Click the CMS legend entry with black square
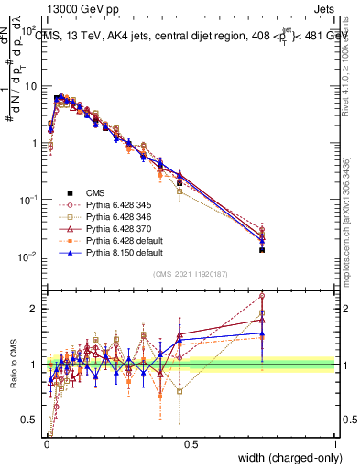(96, 193)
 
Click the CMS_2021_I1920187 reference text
(190, 274)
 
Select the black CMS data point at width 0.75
(262, 249)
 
